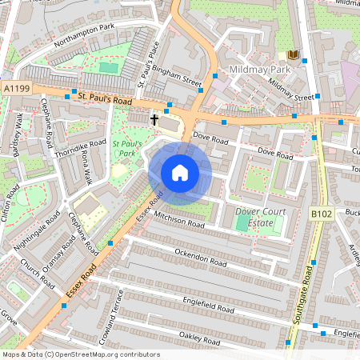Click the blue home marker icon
180,173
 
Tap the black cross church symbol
154,118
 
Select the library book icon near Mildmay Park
293,54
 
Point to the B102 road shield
320,213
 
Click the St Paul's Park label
126,148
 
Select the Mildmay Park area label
258,70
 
